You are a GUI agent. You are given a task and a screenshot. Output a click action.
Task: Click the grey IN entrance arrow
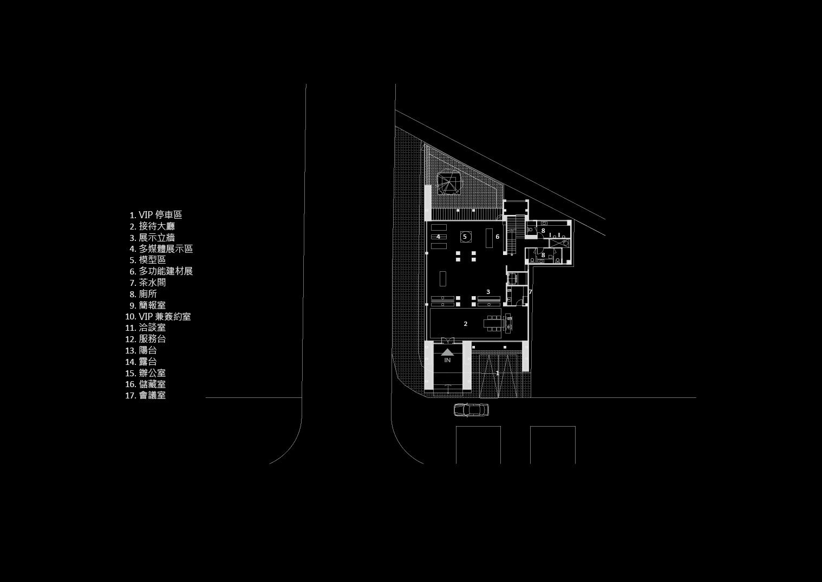pos(447,352)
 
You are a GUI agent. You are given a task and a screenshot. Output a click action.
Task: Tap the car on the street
pos(471,410)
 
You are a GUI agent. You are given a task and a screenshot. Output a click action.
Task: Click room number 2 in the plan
pos(466,324)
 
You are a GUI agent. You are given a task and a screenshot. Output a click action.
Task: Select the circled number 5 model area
pos(465,237)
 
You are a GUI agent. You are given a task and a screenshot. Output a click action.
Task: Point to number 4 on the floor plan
pos(438,237)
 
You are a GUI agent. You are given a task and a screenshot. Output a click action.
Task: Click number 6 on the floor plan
pos(497,237)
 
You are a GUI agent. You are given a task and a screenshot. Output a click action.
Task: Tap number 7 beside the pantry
pos(530,292)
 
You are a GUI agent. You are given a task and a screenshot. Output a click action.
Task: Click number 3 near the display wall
pos(488,292)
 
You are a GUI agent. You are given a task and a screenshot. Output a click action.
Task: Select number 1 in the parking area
pos(498,373)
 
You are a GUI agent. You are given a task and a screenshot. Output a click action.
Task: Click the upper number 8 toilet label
pos(543,231)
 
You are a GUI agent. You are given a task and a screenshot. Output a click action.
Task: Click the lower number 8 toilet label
pos(543,255)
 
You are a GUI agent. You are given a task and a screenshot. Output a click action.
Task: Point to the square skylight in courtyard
pos(448,184)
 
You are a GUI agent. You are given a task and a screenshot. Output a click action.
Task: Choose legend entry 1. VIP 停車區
pos(156,215)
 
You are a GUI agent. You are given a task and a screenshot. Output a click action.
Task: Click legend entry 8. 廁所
pos(143,294)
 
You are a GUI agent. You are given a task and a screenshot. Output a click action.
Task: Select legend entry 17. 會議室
pos(146,395)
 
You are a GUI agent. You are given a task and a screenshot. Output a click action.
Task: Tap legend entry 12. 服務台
pos(146,339)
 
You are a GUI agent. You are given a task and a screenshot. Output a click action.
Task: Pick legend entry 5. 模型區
pos(148,260)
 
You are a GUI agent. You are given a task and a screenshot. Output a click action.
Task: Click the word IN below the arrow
pos(447,360)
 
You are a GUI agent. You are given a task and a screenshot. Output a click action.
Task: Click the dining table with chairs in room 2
pos(494,323)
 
